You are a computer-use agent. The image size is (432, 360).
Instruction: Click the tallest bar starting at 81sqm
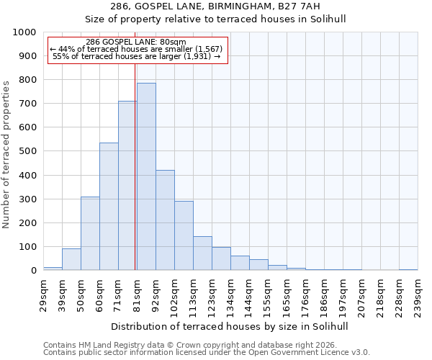pyautogui.click(x=146, y=176)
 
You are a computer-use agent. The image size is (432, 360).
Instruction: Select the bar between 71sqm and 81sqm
pyautogui.click(x=127, y=186)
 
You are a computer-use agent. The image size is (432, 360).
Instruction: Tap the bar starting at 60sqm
pyautogui.click(x=109, y=207)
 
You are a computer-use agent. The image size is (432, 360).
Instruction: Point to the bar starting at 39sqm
pyautogui.click(x=71, y=259)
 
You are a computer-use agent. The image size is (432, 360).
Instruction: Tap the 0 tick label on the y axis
pyautogui.click(x=34, y=271)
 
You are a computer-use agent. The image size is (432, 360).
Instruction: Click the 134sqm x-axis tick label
pyautogui.click(x=230, y=294)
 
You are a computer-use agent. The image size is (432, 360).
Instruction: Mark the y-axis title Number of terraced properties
pyautogui.click(x=6, y=154)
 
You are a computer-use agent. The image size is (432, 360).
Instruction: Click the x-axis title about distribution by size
pyautogui.click(x=230, y=326)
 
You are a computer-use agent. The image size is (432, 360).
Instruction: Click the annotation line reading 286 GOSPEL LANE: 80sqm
pyautogui.click(x=135, y=42)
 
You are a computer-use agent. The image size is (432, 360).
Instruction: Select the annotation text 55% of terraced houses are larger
pyautogui.click(x=136, y=56)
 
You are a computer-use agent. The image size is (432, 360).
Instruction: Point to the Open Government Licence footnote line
pyautogui.click(x=207, y=353)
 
